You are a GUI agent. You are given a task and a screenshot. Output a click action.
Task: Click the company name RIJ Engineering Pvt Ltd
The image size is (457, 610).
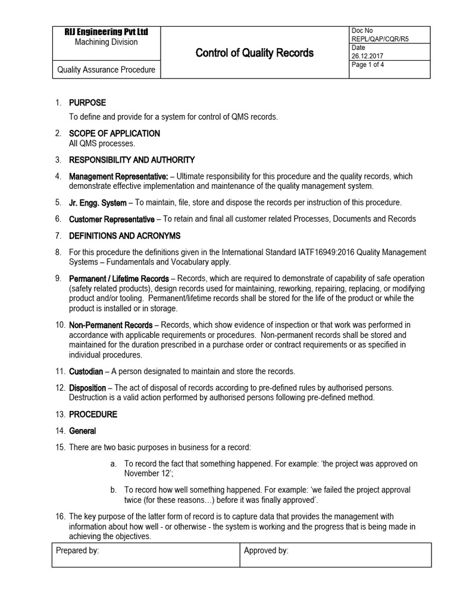106,32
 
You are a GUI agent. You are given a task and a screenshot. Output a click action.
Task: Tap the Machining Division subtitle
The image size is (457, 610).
106,42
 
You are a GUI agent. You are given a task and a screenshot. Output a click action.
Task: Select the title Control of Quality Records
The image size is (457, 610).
255,53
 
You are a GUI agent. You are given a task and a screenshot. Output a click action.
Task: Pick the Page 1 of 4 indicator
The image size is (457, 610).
368,66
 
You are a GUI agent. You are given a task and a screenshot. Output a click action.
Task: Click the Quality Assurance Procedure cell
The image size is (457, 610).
106,70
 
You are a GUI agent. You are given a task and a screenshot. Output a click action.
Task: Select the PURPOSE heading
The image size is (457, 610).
87,102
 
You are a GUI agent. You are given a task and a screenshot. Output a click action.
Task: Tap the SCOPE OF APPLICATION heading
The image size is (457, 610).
115,133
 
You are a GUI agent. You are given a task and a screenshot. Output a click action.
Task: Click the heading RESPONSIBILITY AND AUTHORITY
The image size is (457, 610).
132,160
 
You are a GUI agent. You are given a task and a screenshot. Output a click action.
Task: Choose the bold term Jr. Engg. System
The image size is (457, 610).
98,203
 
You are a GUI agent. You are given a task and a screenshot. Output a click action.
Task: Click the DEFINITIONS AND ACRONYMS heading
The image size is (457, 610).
125,236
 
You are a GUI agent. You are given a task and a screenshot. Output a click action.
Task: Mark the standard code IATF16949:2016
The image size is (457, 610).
330,253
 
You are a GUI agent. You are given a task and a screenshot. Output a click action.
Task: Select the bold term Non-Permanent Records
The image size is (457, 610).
111,325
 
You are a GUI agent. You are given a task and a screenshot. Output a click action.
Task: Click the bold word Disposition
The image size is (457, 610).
88,388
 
